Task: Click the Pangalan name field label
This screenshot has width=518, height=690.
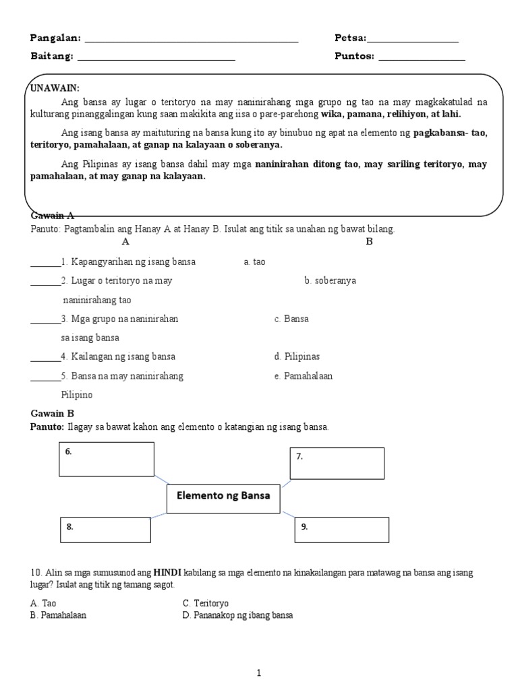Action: [55, 38]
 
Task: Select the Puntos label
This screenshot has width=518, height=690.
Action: [354, 56]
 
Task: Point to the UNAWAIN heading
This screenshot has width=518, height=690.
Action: [55, 88]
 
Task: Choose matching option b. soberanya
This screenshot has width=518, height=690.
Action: [330, 281]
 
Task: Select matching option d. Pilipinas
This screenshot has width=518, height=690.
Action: [297, 356]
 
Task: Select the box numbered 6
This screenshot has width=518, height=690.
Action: [108, 459]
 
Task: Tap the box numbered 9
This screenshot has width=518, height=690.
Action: [341, 530]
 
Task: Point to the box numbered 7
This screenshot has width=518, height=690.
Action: [337, 463]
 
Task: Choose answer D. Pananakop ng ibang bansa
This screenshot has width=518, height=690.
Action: [237, 615]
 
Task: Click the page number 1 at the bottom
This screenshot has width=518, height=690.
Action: [259, 672]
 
